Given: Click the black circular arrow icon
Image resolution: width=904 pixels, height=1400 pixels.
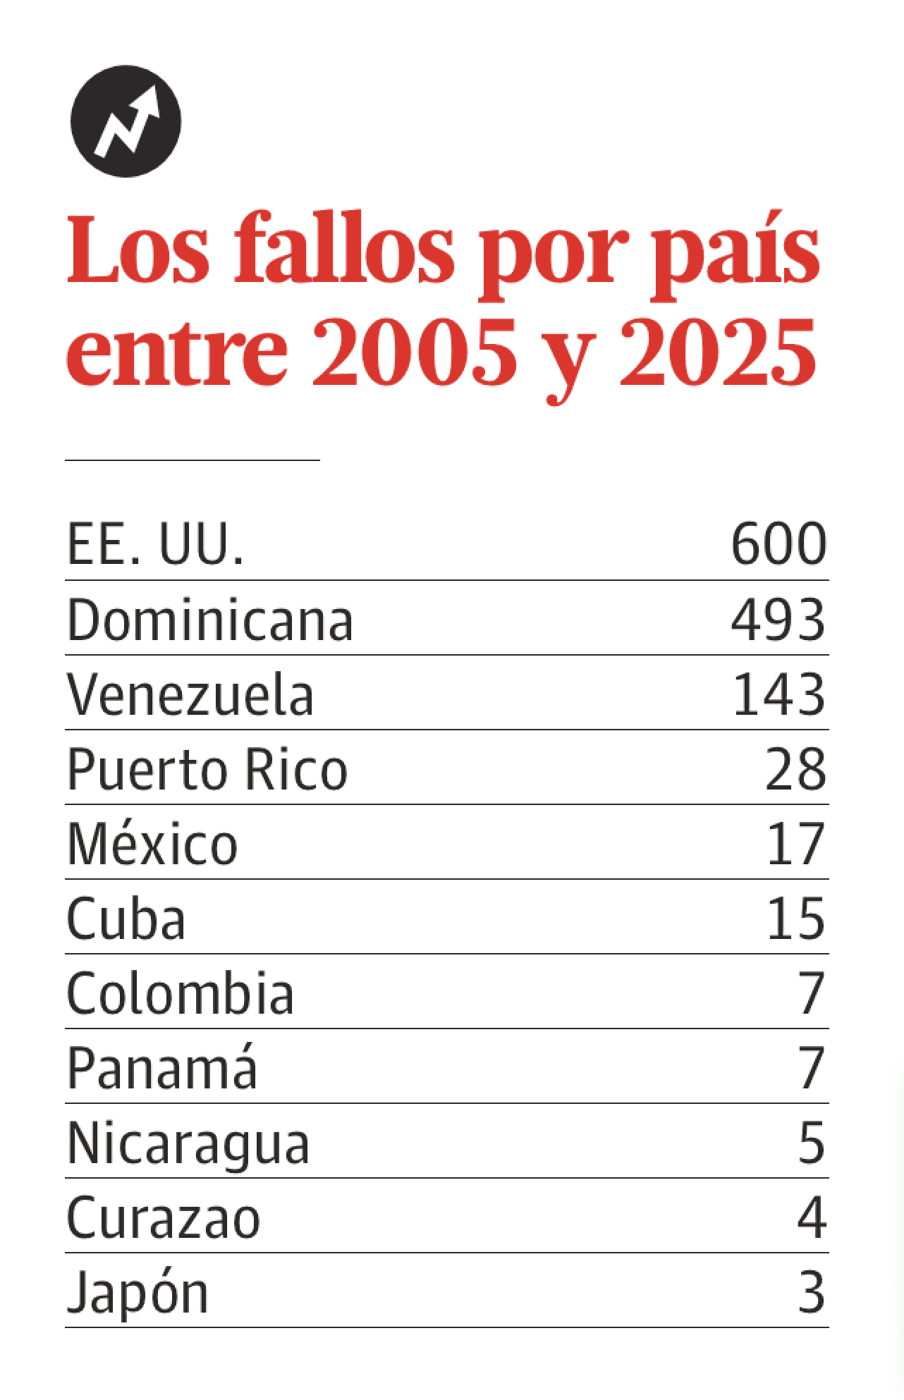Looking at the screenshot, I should tap(126, 122).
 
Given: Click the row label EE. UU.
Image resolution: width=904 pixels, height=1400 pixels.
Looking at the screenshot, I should tap(155, 544).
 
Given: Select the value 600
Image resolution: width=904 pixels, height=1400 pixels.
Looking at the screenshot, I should tap(778, 544).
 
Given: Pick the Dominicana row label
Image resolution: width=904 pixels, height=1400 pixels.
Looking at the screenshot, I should tap(209, 620).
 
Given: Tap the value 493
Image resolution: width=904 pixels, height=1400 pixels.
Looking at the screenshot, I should tap(778, 620).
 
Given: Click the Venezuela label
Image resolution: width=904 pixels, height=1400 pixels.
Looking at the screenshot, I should tap(190, 694).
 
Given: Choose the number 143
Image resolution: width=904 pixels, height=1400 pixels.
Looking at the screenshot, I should tap(778, 694).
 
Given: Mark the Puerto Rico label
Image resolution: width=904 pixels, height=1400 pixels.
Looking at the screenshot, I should tap(207, 769).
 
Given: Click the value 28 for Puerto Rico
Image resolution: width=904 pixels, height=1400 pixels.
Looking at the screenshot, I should tap(795, 769).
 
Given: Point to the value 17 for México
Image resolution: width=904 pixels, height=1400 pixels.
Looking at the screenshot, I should tap(795, 844).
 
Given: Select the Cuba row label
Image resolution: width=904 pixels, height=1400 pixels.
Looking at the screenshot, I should tap(126, 919).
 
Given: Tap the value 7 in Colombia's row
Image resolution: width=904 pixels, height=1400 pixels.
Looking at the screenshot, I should tap(811, 993).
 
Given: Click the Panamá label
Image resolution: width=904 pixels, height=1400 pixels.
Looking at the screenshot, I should tap(161, 1068).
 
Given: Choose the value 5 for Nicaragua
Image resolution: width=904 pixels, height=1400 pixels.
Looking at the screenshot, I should tap(811, 1143).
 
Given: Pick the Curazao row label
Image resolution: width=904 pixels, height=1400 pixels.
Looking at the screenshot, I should tap(163, 1219).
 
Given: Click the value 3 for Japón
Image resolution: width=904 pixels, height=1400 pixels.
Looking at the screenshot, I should tap(811, 1293).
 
